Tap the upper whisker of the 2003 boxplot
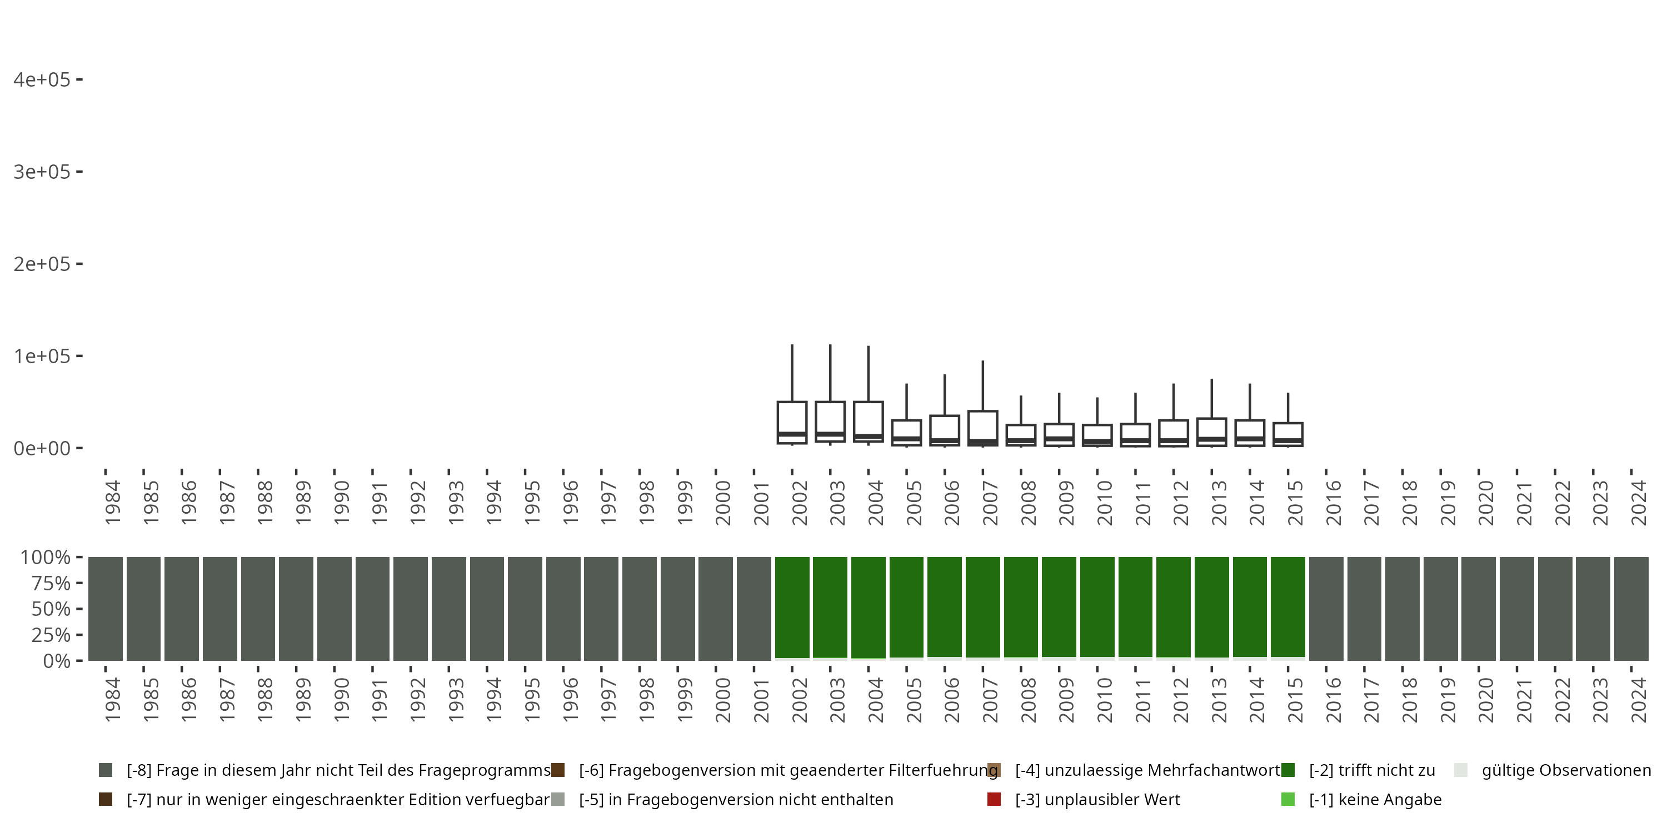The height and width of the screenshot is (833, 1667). (830, 373)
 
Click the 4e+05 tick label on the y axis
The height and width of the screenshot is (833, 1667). (42, 79)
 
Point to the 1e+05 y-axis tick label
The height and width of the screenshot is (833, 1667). (42, 357)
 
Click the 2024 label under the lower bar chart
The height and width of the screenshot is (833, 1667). (1639, 700)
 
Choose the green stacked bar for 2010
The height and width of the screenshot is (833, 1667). (1097, 606)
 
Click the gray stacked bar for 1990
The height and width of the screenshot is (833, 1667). (335, 609)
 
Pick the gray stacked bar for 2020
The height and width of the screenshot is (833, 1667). (1479, 609)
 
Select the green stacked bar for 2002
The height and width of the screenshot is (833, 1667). (792, 606)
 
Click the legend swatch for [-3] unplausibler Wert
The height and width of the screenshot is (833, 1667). (994, 799)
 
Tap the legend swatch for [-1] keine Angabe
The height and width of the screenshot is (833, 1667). (1288, 799)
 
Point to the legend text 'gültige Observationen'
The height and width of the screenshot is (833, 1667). (1566, 770)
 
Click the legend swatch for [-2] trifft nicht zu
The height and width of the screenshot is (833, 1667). (1288, 770)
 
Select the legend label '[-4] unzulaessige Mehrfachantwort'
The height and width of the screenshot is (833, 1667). (1147, 770)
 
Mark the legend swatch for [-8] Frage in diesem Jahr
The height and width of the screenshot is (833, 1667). (106, 770)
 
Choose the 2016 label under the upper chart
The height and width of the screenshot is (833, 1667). (1334, 503)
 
